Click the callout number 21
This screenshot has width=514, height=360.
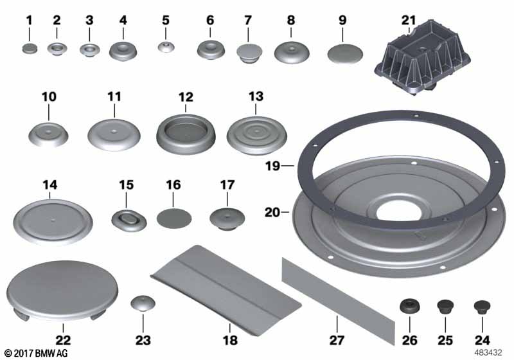pos(409,21)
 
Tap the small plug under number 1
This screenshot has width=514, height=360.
pos(30,50)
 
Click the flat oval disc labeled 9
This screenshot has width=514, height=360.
pos(345,54)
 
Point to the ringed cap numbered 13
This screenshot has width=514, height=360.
pos(256,136)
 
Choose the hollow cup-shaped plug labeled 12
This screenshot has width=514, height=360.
pos(186,134)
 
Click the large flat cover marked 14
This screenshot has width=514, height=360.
pos(53,222)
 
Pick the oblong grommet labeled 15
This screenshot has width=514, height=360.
pos(129,220)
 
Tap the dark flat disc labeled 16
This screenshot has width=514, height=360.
pos(173,219)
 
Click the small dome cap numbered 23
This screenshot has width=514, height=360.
pos(143,303)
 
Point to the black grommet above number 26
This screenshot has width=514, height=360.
pos(410,305)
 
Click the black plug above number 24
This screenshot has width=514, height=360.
pos(482,307)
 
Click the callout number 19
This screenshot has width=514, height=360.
pos(272,166)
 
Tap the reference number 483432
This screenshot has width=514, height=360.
pos(488,353)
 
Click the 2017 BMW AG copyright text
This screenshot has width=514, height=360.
pos(36,353)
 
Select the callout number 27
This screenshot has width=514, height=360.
pos(337,340)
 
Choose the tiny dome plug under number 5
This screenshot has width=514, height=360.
pos(166,47)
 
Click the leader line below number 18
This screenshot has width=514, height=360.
pos(230,328)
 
